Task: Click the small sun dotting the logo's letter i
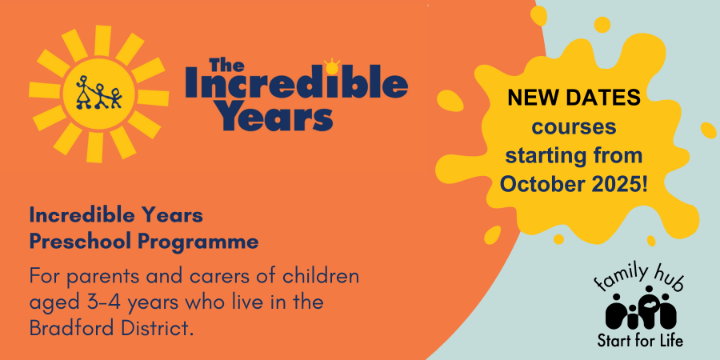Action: pos(333,64)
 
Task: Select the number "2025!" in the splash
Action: pos(620,183)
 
